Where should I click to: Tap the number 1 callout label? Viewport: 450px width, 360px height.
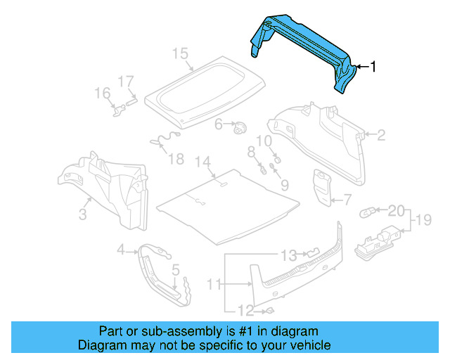[373, 67]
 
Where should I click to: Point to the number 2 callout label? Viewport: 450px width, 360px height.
[381, 136]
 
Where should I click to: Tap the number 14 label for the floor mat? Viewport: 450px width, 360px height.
[203, 163]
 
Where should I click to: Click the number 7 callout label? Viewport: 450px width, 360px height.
[347, 200]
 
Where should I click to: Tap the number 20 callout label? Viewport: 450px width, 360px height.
[396, 210]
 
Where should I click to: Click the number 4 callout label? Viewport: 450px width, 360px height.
[121, 249]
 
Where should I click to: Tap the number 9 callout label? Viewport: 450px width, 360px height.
[285, 185]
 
